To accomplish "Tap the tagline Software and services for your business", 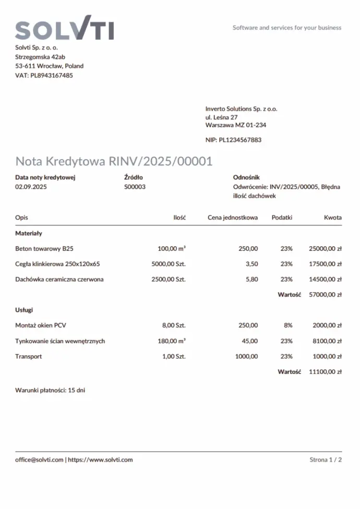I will tap(286, 28).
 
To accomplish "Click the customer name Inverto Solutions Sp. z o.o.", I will tap(241, 109).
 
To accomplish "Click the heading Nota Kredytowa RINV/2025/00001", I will tap(114, 161).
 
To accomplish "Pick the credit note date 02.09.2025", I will tap(31, 186).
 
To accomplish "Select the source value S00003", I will tap(135, 186).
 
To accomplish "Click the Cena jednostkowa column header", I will tap(232, 217).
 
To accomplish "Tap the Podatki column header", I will tap(282, 217).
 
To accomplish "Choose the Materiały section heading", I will tap(29, 233).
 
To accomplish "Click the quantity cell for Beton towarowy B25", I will tap(172, 249).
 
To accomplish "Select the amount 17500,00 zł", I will tap(325, 264).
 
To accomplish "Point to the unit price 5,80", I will tap(251, 279).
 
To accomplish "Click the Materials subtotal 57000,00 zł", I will tap(325, 295).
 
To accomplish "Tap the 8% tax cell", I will tap(287, 325).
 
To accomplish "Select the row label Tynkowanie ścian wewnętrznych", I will tap(60, 341).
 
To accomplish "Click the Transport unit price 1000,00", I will tap(246, 357).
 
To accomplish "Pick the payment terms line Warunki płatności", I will tap(50, 390).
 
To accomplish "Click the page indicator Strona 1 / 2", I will tap(326, 460).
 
